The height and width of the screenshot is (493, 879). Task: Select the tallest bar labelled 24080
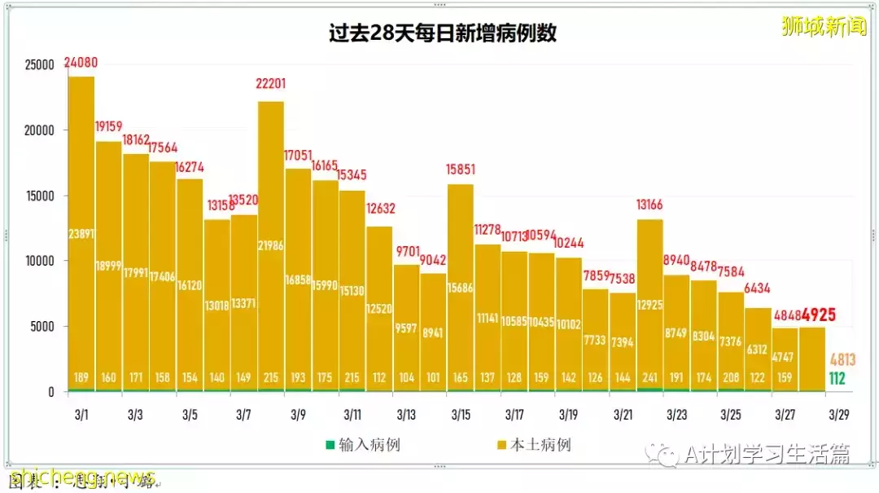(x=81, y=236)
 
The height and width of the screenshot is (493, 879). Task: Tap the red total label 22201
(x=271, y=85)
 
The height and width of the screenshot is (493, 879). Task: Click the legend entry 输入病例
(x=364, y=445)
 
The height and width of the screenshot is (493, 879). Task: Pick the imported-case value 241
(x=649, y=377)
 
